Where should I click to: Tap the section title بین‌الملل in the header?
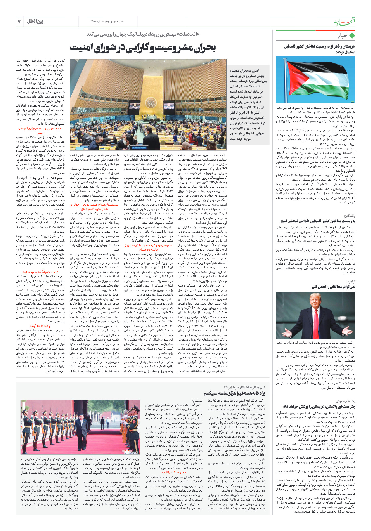click(35, 21)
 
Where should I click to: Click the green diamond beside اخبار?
click(352, 36)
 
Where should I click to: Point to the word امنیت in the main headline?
click(81, 48)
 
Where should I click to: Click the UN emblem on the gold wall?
click(152, 101)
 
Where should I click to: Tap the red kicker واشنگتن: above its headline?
click(350, 216)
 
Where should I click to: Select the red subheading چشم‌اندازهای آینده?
click(40, 326)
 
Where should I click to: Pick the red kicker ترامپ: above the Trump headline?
click(351, 282)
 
